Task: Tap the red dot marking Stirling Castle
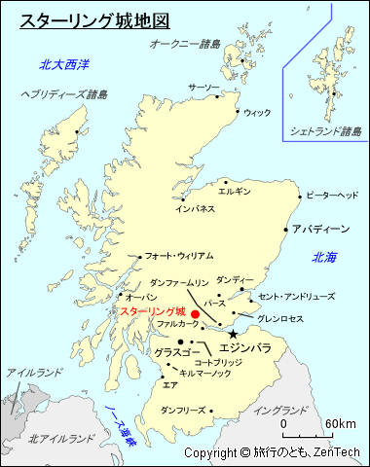(x=195, y=314)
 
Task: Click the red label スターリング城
(x=153, y=311)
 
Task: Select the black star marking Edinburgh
(x=233, y=334)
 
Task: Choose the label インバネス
(x=195, y=208)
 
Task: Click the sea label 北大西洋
(x=64, y=65)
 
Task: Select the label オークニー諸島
(x=185, y=44)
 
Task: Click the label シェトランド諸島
(x=324, y=130)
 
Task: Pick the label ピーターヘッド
(x=332, y=196)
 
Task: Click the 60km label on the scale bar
(x=341, y=424)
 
